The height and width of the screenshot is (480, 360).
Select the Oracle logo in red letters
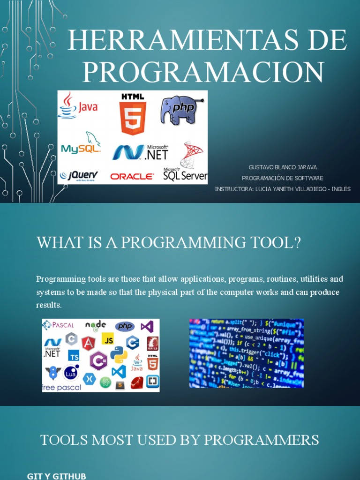coord(132,176)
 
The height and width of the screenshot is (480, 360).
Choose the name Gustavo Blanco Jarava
coord(283,167)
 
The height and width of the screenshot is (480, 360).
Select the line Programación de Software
coord(283,178)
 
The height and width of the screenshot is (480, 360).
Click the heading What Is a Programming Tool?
coord(168,243)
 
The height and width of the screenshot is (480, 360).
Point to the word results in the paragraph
coord(49,305)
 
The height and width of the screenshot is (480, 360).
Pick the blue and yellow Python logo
coord(119,355)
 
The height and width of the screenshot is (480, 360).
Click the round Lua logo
coord(71,373)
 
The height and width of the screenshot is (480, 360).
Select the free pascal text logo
coord(61,387)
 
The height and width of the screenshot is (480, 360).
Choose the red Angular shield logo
coord(88,344)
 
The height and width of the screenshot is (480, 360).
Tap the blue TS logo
coord(74,356)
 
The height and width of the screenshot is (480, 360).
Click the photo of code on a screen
coord(246,353)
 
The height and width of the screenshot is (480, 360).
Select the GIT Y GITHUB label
coord(57,476)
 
